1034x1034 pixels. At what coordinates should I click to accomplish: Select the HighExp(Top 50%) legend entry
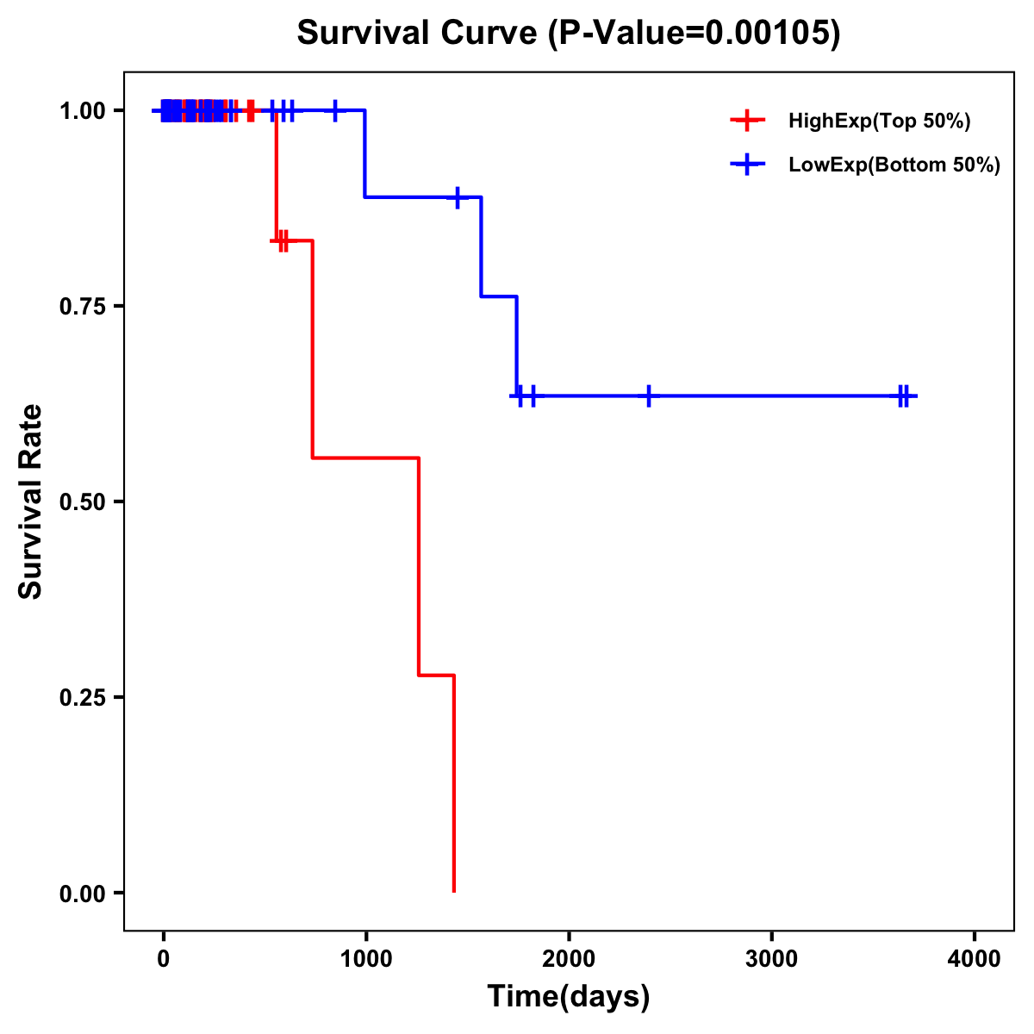879,121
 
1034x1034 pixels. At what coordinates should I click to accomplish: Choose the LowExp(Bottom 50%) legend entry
894,165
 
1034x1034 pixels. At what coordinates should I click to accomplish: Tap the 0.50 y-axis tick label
81,502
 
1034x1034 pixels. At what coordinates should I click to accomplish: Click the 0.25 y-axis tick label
81,698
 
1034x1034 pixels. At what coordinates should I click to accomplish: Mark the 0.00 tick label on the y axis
81,894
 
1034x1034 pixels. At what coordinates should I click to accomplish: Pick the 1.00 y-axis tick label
81,111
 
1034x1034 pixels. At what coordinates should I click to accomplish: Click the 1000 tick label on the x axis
365,959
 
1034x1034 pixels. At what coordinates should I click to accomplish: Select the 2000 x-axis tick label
569,959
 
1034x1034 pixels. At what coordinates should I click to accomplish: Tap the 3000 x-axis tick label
771,959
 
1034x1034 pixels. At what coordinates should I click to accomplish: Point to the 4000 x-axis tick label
975,959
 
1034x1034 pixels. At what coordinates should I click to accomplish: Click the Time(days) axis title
569,997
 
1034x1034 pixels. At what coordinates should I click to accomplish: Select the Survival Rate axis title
31,501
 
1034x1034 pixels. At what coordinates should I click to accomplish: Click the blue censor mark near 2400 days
648,396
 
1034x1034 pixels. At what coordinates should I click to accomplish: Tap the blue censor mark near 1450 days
458,197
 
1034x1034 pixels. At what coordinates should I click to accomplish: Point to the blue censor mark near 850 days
335,110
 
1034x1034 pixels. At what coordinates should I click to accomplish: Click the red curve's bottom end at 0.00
453,891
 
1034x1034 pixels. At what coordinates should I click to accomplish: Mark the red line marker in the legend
747,121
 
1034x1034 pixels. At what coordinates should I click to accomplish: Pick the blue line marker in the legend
747,165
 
